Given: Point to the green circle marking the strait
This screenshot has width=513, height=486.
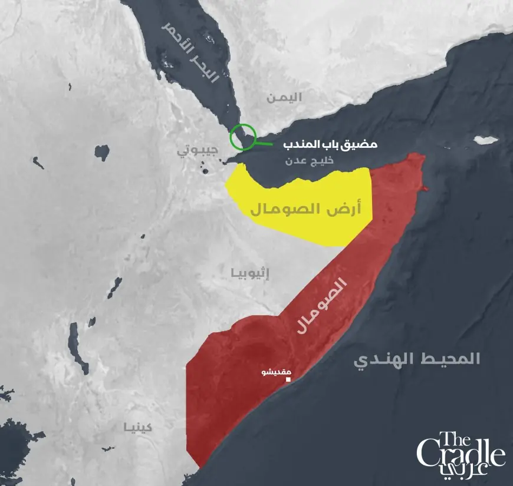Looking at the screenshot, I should pyautogui.click(x=244, y=137).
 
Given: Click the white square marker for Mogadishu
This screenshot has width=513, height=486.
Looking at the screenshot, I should pyautogui.click(x=288, y=380).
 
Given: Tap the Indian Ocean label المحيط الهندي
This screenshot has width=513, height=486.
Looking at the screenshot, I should pyautogui.click(x=417, y=359).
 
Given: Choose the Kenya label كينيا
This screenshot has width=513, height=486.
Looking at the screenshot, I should pyautogui.click(x=138, y=427).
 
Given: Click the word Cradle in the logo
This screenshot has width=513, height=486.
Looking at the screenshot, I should pyautogui.click(x=461, y=455).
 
